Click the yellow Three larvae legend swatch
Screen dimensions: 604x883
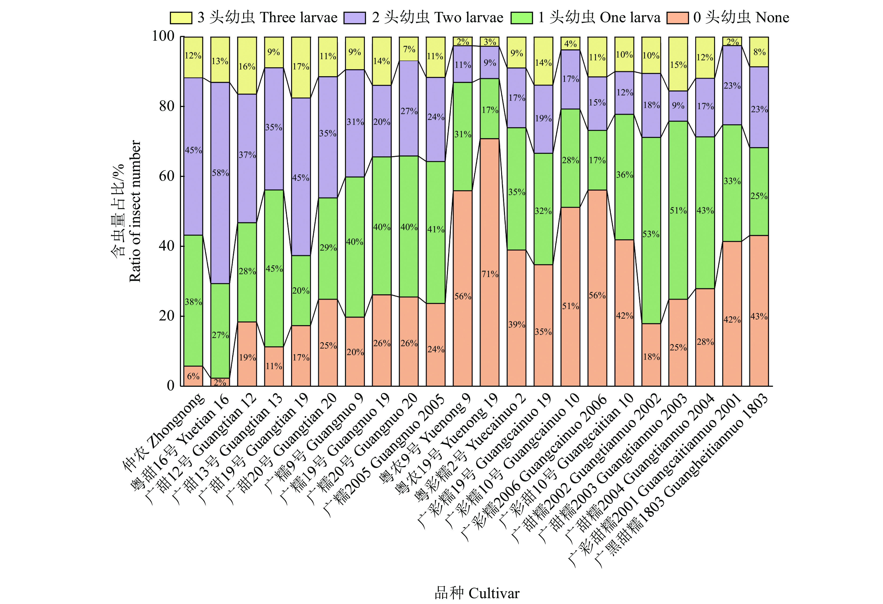(181, 18)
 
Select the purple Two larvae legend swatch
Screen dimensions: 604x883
(355, 18)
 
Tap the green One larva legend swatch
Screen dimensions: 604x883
(521, 18)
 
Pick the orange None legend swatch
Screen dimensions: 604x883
(677, 18)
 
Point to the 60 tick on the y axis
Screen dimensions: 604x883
(166, 176)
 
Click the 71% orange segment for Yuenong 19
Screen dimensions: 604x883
(490, 262)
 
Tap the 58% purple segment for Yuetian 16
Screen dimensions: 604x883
(220, 183)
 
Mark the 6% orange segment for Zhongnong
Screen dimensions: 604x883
(193, 376)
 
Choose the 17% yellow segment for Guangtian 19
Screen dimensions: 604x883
(301, 67)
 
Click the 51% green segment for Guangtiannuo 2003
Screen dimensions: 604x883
(678, 210)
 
